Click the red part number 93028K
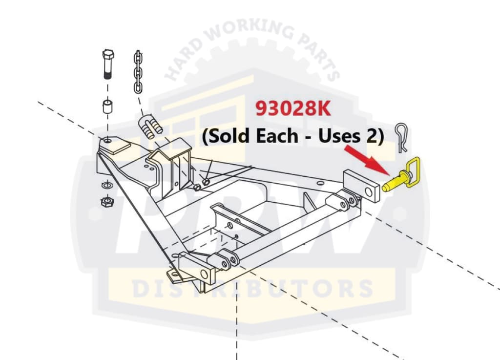pyautogui.click(x=293, y=109)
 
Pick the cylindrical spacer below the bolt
pyautogui.click(x=106, y=107)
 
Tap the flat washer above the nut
pyautogui.click(x=105, y=186)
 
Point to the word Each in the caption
pyautogui.click(x=284, y=136)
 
